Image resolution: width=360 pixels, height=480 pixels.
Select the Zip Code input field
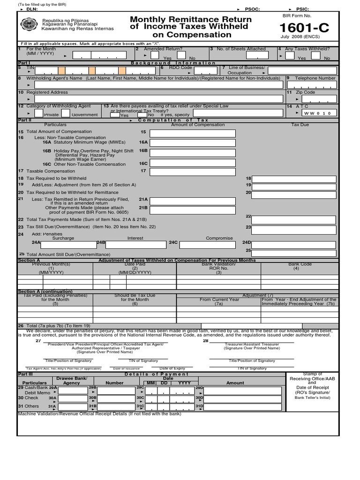point(319,99)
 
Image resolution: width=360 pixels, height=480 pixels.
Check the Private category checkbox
point(39,113)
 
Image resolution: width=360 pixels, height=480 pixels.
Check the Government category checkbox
point(66,113)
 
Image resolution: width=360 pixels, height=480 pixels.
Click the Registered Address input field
point(158,99)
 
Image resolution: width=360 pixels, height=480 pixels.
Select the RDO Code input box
point(199,71)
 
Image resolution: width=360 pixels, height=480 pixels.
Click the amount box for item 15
point(192,134)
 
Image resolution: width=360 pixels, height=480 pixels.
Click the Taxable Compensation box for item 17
point(192,172)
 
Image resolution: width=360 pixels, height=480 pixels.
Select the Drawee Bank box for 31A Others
point(73,406)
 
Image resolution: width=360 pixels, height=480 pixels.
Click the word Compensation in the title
point(192,35)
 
